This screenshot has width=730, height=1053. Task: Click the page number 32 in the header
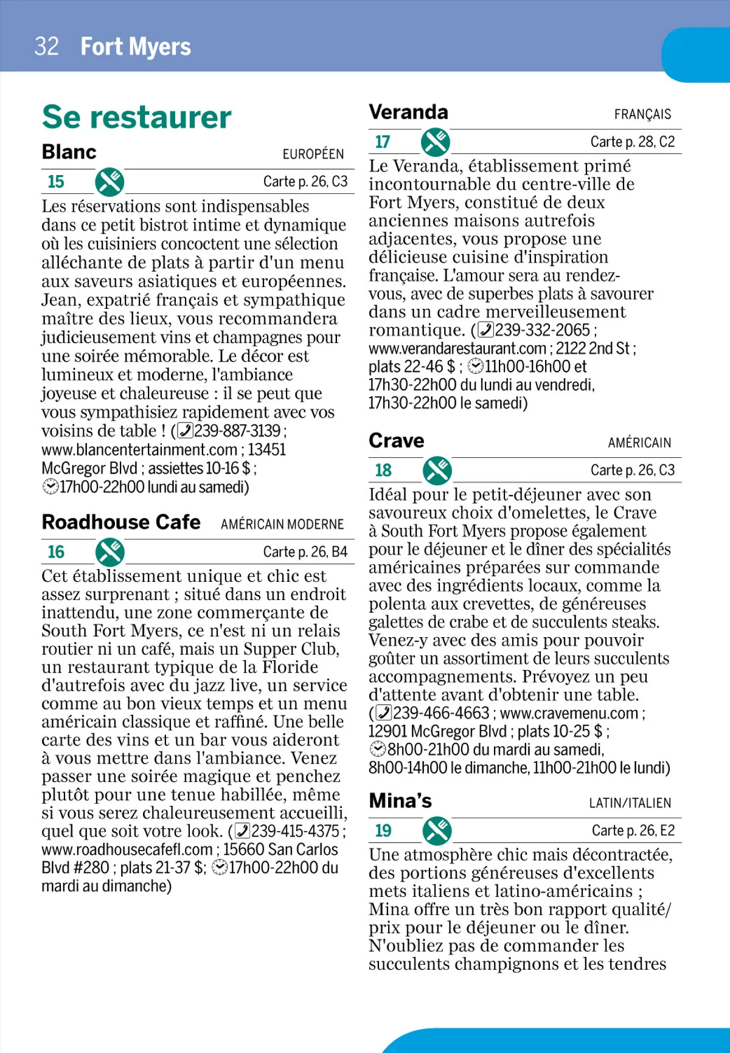(x=47, y=47)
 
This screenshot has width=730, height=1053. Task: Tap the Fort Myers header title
(x=136, y=47)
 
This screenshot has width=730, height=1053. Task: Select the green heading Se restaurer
(x=137, y=117)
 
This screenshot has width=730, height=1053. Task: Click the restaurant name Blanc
(x=69, y=152)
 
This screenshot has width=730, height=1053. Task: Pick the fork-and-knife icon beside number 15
(x=109, y=182)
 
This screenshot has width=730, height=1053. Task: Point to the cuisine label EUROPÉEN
(x=313, y=154)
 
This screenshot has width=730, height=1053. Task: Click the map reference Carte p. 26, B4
(x=305, y=552)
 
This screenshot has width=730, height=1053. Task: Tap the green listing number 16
(x=56, y=552)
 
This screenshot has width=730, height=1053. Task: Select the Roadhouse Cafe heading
(x=121, y=522)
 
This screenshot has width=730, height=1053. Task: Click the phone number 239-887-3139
(x=237, y=431)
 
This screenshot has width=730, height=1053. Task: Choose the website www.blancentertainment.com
(x=139, y=450)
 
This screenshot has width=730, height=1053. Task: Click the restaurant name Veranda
(x=408, y=112)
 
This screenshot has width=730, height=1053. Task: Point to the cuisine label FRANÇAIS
(x=642, y=114)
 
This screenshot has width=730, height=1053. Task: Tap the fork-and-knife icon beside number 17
(x=436, y=142)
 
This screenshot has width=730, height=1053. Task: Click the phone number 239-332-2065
(x=543, y=330)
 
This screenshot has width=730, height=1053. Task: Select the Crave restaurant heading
(x=397, y=441)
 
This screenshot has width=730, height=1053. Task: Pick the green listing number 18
(x=383, y=470)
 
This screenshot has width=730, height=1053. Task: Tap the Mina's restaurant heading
(x=400, y=801)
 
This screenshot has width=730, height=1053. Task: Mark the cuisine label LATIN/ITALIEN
(x=630, y=803)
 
